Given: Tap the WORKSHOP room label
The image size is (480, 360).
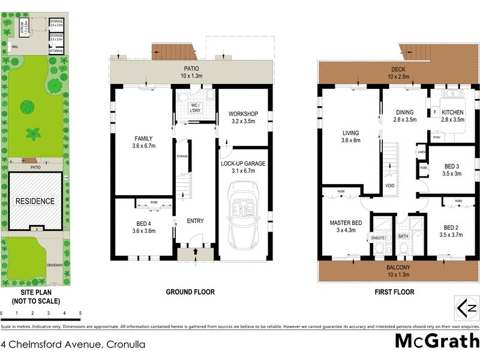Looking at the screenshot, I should click(243, 114).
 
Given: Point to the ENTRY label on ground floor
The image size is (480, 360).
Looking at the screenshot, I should click(195, 221).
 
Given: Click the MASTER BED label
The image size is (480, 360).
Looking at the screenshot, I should click(346, 223).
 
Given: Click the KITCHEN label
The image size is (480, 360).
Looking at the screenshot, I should click(453, 112).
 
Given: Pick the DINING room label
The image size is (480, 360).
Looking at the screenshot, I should click(404, 112).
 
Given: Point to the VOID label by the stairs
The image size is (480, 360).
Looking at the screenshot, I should click(390, 186).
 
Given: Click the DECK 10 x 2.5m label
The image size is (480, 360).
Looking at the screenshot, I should click(398, 73).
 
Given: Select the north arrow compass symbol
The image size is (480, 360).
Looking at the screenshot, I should click(466, 308).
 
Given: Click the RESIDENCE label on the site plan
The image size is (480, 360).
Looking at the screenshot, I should click(34, 201).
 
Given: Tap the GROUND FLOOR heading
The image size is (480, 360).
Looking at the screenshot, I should click(190, 292).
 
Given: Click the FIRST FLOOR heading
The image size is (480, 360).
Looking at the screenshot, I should click(395, 292).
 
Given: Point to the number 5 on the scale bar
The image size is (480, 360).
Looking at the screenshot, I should click(80, 313).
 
